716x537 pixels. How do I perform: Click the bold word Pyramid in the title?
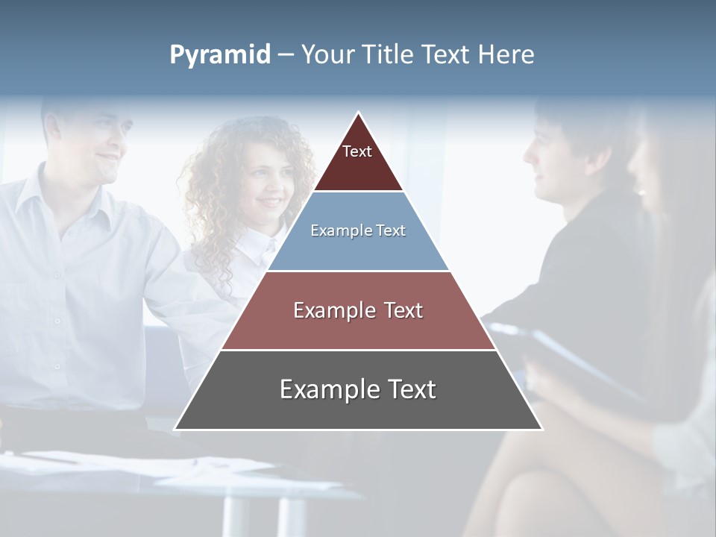pos(220,55)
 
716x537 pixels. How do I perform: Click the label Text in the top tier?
pos(357,151)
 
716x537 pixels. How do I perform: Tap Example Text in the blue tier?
pos(358,230)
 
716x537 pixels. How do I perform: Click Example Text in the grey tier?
pos(358,389)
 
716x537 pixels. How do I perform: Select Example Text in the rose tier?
pos(358,310)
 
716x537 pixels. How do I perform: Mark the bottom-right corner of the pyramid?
pos(541,429)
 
